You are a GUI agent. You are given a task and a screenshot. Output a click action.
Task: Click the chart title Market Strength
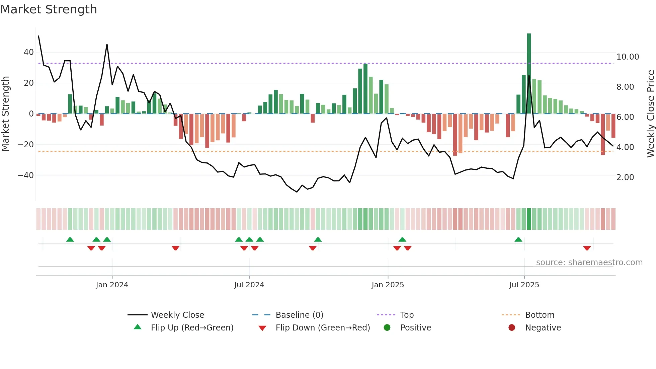click(x=49, y=9)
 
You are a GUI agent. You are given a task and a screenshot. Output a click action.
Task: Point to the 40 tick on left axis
click(x=29, y=52)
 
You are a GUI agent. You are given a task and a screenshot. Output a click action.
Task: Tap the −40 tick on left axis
click(x=26, y=175)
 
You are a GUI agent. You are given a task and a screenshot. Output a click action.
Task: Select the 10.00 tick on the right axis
click(x=628, y=57)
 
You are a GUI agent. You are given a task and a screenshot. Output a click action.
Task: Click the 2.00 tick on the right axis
click(x=625, y=177)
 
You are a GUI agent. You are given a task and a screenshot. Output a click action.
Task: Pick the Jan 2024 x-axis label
click(x=112, y=285)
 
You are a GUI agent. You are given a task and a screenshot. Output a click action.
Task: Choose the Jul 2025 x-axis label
click(x=524, y=285)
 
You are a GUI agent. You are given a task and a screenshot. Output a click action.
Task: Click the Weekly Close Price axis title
click(x=650, y=114)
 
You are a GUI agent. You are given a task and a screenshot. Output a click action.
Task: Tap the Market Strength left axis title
click(x=6, y=114)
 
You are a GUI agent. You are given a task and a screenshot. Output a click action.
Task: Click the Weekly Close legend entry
click(x=177, y=315)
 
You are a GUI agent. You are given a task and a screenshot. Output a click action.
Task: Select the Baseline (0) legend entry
click(x=299, y=315)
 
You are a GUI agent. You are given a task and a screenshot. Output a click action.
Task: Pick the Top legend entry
click(x=407, y=315)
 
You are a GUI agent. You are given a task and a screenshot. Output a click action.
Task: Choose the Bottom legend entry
click(x=540, y=315)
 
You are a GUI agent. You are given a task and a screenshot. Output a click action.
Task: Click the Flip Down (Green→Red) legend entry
click(x=323, y=328)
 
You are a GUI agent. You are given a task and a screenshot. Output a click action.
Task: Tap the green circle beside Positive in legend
click(x=387, y=328)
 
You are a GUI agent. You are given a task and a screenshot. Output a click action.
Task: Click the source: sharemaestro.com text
click(x=589, y=263)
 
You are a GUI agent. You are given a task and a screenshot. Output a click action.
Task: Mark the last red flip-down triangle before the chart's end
click(x=587, y=248)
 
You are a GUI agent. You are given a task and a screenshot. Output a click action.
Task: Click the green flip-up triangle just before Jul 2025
click(x=518, y=239)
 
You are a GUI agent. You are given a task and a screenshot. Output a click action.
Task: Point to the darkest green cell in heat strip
click(x=529, y=219)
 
